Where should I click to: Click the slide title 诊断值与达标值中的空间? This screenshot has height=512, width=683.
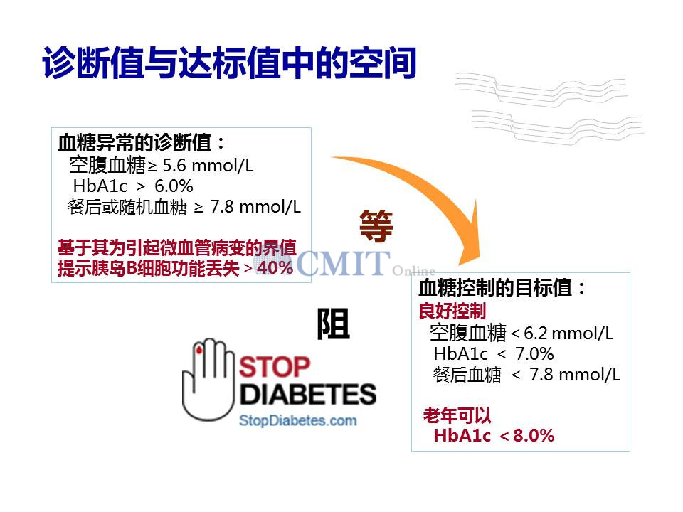(229, 63)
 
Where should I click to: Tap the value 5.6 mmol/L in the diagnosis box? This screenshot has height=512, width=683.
(208, 166)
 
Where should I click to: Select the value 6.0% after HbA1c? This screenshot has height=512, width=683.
(174, 186)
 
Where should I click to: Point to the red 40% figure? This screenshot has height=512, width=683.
(275, 267)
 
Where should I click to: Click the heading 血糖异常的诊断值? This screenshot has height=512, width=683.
(135, 142)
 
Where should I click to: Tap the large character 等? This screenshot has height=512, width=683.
(376, 225)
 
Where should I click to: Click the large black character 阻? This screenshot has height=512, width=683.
(333, 324)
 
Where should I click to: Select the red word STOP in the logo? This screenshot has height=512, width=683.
(275, 367)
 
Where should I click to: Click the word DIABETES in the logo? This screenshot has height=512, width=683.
(308, 394)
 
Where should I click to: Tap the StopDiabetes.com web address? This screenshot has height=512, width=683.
(298, 420)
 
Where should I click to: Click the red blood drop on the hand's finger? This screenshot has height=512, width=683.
(199, 349)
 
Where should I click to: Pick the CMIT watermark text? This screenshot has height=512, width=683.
(343, 262)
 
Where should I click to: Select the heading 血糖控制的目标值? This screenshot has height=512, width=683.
(495, 287)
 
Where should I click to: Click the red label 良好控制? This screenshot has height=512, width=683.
(452, 311)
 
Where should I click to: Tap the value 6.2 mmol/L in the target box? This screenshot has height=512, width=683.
(568, 333)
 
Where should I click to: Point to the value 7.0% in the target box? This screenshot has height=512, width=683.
(534, 353)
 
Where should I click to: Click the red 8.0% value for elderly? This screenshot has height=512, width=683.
(534, 435)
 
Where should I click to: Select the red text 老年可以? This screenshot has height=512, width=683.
(457, 415)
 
